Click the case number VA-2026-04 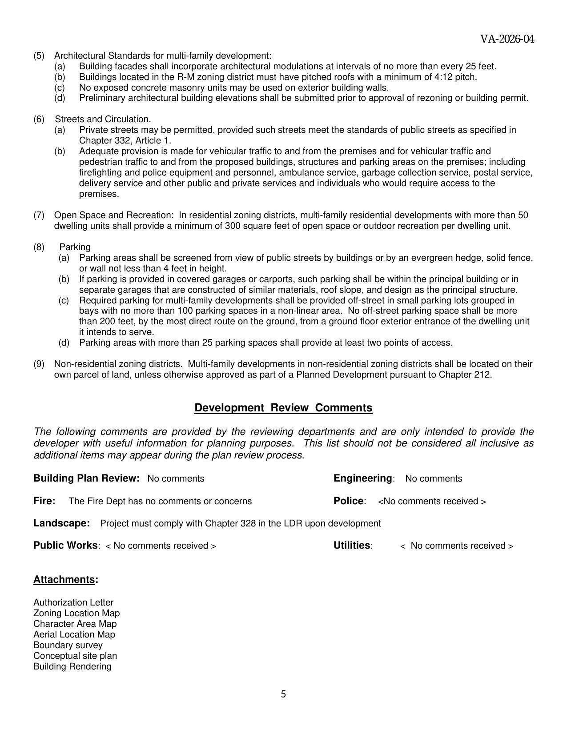pyautogui.click(x=507, y=39)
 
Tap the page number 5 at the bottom pyautogui.click(x=283, y=694)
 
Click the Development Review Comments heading pyautogui.click(x=283, y=408)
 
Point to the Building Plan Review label pyautogui.click(x=86, y=478)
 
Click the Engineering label pyautogui.click(x=363, y=478)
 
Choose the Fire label pyautogui.click(x=44, y=501)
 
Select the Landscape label pyautogui.click(x=61, y=523)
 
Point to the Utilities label pyautogui.click(x=352, y=546)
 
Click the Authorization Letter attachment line pyautogui.click(x=73, y=602)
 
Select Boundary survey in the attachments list pyautogui.click(x=68, y=645)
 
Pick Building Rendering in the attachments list pyautogui.click(x=72, y=666)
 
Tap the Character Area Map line pyautogui.click(x=75, y=624)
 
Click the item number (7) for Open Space pyautogui.click(x=39, y=215)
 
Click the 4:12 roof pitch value pyautogui.click(x=445, y=77)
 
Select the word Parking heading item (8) pyautogui.click(x=75, y=247)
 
